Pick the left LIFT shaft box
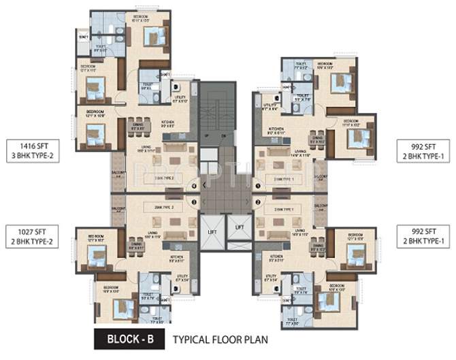pos(212,232)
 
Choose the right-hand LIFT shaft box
pos(238,231)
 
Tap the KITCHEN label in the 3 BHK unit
pos(168,123)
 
